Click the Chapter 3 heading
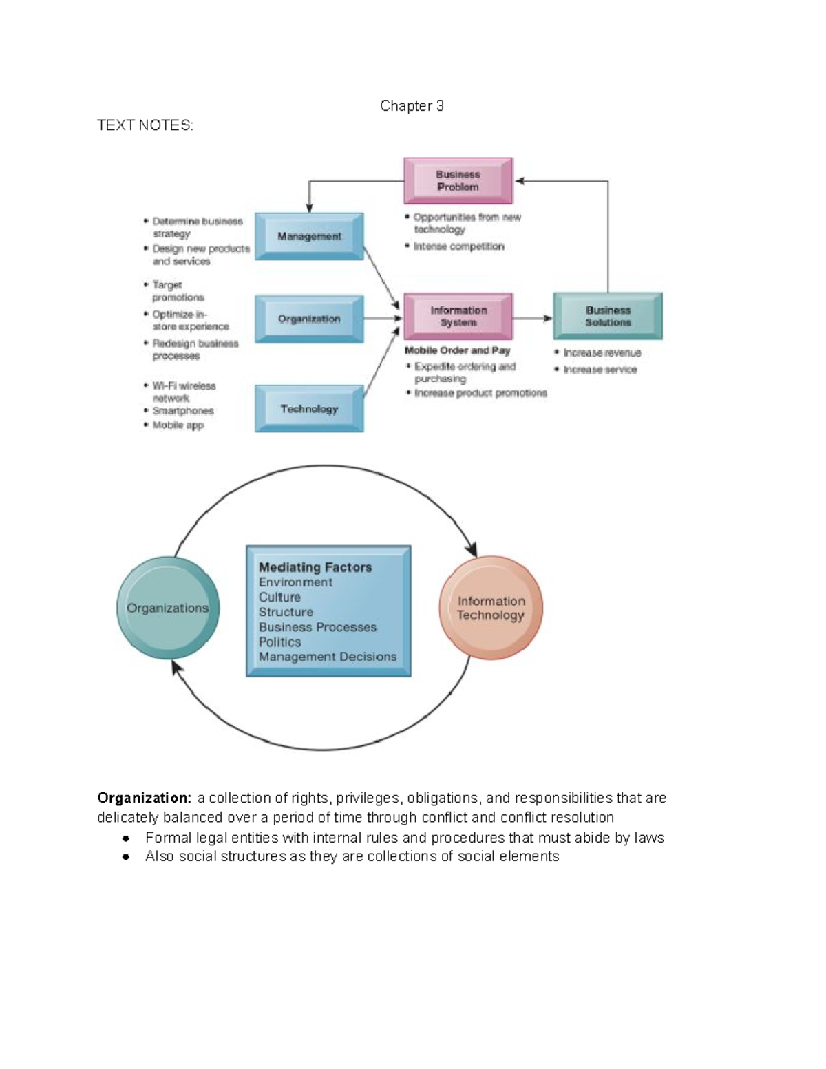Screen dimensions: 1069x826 412,106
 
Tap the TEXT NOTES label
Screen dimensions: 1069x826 145,125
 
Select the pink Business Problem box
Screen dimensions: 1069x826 458,180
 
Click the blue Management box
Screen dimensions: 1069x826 309,236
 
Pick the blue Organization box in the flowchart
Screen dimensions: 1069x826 309,319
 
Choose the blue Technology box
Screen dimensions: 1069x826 309,409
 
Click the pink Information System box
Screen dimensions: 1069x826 458,316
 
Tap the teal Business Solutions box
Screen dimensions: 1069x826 608,316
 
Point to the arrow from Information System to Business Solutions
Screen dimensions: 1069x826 533,318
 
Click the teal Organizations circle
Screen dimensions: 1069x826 168,608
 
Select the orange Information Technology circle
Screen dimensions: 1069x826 491,608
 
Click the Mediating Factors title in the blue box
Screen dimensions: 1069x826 315,567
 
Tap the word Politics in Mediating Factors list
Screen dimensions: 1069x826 280,642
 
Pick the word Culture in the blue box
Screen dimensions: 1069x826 279,597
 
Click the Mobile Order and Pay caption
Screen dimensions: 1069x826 458,350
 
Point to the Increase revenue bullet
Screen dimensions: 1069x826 602,352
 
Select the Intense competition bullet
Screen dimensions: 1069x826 458,246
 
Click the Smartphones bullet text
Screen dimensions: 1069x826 183,411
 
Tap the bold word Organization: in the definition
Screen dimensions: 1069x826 145,798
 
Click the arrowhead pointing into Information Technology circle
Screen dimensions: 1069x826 472,551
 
